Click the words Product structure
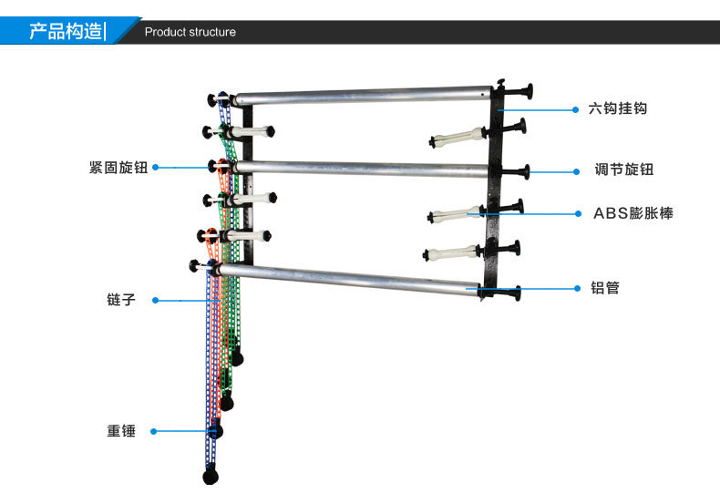tap(190, 32)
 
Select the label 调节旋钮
tap(623, 170)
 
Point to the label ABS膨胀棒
tap(633, 213)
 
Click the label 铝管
tap(605, 288)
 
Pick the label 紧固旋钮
tap(118, 168)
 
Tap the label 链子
tap(121, 299)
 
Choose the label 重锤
tap(121, 431)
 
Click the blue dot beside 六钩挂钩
tap(576, 108)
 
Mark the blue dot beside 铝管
tap(576, 288)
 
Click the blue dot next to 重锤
tap(154, 431)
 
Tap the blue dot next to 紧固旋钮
tap(155, 168)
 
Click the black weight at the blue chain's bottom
tap(211, 475)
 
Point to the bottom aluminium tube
tap(355, 278)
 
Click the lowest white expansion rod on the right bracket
tap(452, 252)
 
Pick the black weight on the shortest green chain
tap(237, 356)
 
